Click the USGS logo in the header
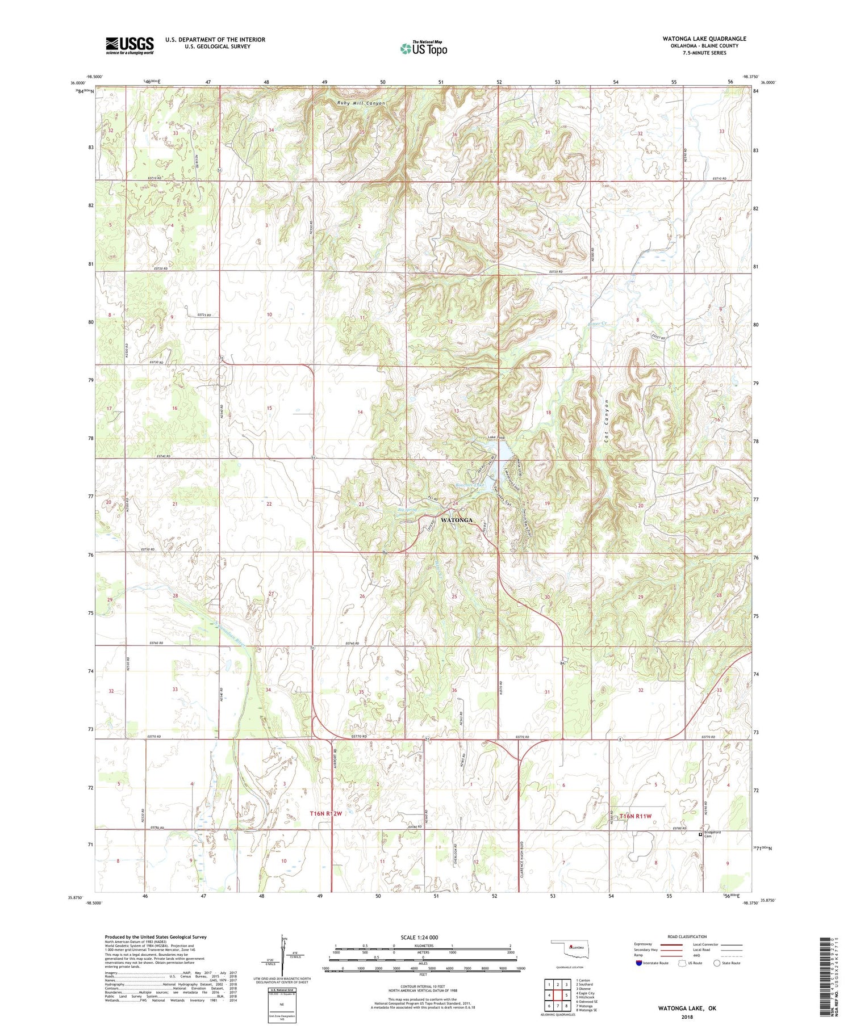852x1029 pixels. point(130,45)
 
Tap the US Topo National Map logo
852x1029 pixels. point(424,48)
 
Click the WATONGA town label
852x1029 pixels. point(456,520)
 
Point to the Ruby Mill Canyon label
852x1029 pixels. point(361,103)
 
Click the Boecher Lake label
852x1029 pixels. point(470,485)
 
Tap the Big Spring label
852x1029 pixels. point(407,510)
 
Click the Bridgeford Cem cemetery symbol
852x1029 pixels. point(700,834)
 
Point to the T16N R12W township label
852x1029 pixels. point(325,813)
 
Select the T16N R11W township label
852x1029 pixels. point(636,816)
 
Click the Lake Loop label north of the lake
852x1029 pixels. point(496,438)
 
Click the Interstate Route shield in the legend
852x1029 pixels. point(639,963)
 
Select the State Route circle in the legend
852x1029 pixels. point(717,963)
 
